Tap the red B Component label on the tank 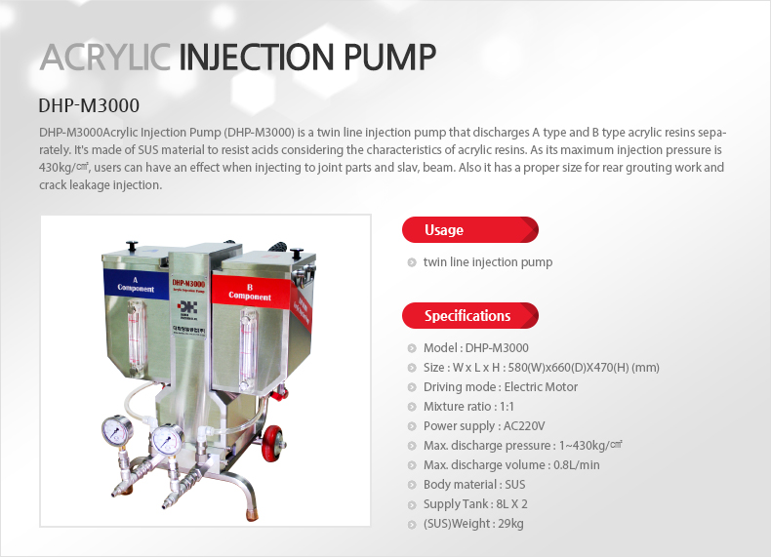(250, 292)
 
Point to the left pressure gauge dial (117, 430)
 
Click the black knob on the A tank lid (132, 247)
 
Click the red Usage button (469, 230)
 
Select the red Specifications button (469, 316)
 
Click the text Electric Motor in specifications (541, 386)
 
